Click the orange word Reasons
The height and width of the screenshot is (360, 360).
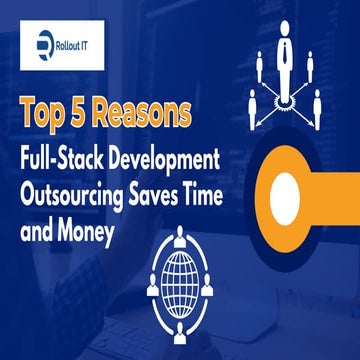(x=149, y=112)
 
